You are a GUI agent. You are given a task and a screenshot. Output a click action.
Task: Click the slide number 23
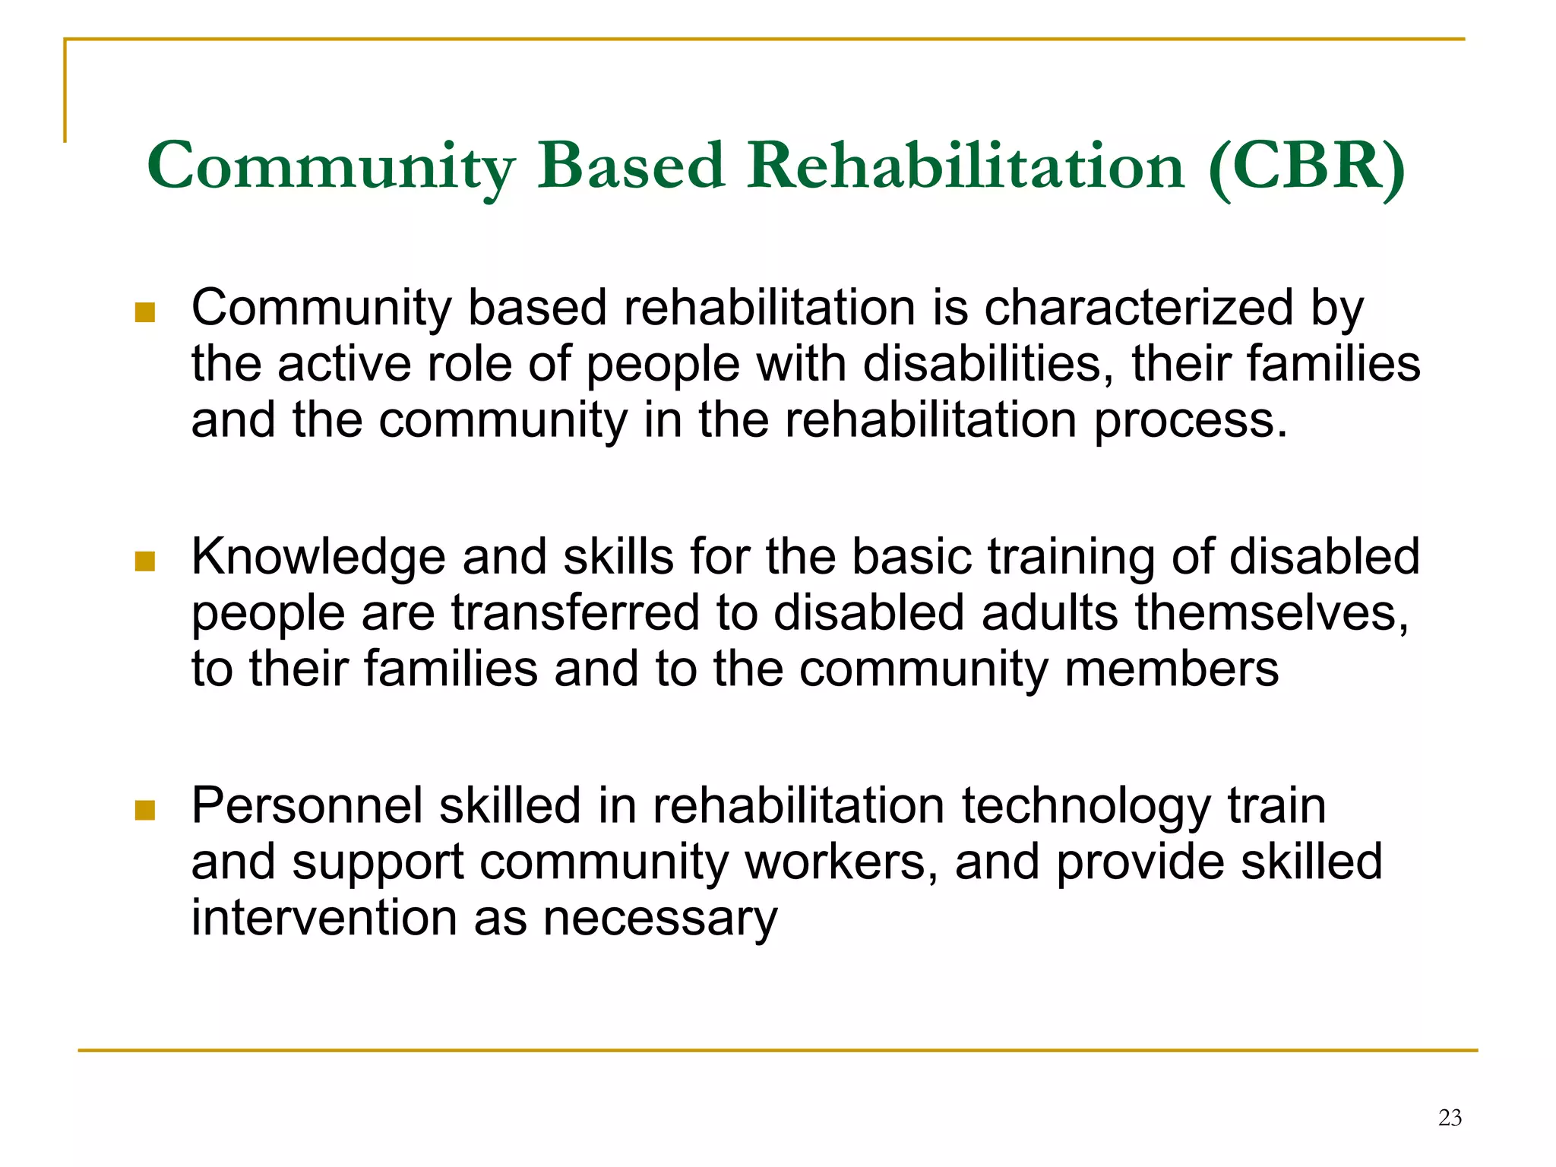1450,1118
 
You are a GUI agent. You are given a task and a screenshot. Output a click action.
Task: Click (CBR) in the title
1306,166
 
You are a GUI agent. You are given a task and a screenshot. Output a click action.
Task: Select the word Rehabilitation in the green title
966,166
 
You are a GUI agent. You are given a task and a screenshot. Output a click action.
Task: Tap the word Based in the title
631,166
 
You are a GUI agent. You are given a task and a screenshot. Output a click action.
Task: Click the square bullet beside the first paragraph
144,312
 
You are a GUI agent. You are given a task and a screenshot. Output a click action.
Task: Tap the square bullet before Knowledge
144,561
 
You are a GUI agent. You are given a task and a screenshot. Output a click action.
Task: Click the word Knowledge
318,557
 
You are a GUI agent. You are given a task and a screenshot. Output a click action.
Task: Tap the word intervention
323,918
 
